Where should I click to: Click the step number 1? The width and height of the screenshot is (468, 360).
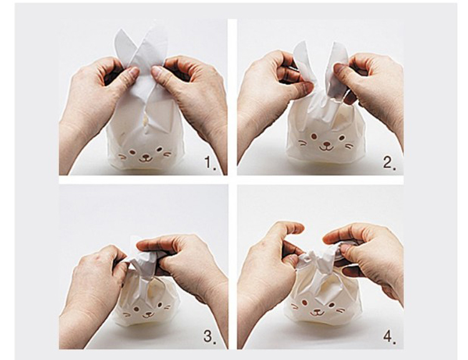pyautogui.click(x=210, y=163)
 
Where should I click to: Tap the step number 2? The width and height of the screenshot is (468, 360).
pyautogui.click(x=390, y=163)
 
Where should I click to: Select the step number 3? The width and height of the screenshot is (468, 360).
pyautogui.click(x=210, y=337)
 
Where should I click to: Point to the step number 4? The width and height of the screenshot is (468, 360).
pyautogui.click(x=390, y=337)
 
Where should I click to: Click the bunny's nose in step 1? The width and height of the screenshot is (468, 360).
pyautogui.click(x=146, y=155)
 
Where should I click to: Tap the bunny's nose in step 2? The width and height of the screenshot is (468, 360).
pyautogui.click(x=327, y=144)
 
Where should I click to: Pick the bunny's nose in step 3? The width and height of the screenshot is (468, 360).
pyautogui.click(x=148, y=311)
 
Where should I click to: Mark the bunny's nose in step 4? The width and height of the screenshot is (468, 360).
pyautogui.click(x=317, y=309)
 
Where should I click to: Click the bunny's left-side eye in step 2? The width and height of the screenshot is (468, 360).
pyautogui.click(x=314, y=137)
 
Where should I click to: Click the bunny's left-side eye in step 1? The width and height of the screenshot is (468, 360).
pyautogui.click(x=132, y=152)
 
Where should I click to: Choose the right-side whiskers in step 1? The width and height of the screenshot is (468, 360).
pyautogui.click(x=168, y=154)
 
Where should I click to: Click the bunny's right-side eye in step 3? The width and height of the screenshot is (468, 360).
pyautogui.click(x=159, y=305)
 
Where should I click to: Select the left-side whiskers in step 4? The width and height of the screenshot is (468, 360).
pyautogui.click(x=295, y=306)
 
